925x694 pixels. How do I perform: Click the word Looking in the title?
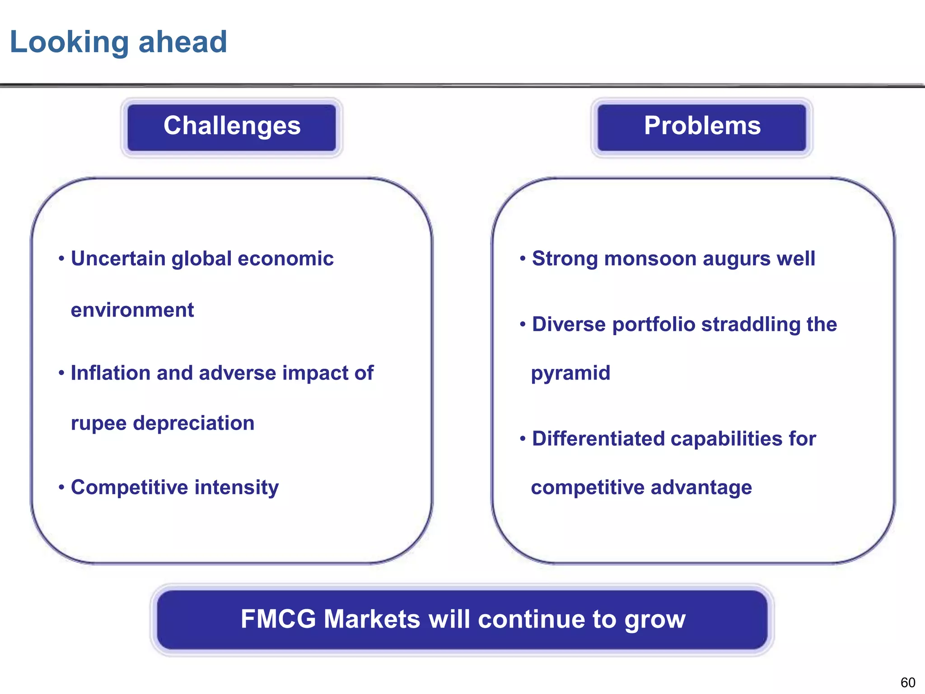point(69,42)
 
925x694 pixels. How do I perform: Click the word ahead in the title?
point(182,42)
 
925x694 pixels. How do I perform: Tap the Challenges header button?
point(232,126)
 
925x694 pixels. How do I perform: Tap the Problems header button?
point(702,126)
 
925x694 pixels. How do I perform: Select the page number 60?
point(907,682)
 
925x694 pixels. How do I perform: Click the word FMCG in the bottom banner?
point(278,619)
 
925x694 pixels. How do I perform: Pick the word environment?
point(132,310)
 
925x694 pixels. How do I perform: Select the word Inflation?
point(110,373)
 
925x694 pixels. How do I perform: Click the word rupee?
point(98,424)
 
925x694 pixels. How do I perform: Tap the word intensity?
point(237,488)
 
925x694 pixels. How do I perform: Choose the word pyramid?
point(570,374)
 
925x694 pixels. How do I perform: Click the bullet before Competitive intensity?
point(61,488)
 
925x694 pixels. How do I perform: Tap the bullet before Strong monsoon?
point(523,259)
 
